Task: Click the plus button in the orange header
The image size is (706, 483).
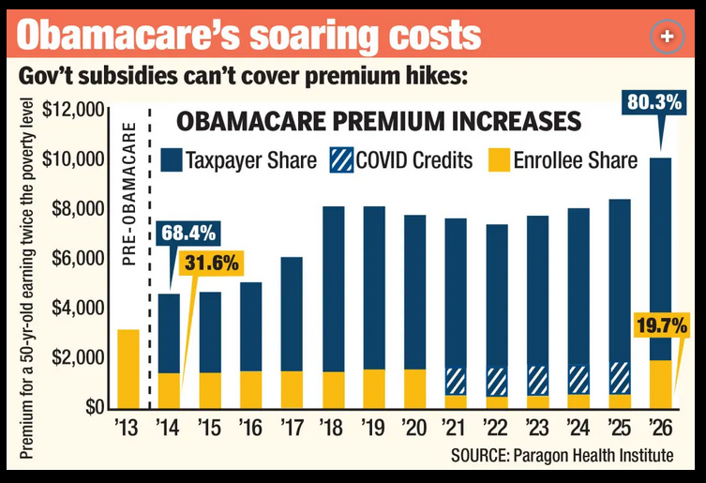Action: coord(666,35)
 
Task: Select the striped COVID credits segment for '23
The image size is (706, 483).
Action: coord(537,380)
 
